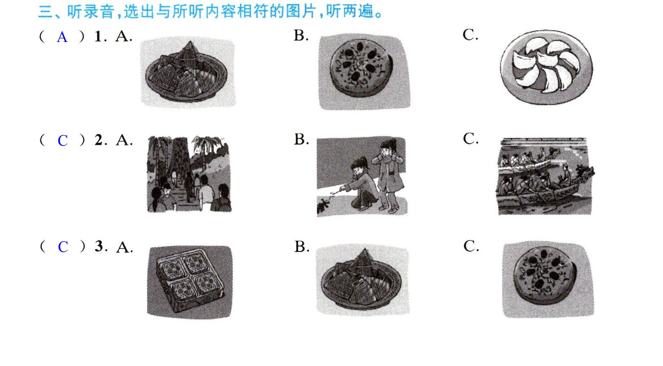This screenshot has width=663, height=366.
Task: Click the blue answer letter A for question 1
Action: click(62, 37)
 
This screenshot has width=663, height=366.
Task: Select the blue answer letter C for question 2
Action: click(63, 140)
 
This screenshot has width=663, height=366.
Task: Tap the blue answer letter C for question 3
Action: click(63, 247)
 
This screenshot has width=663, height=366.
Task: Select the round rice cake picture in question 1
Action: click(364, 72)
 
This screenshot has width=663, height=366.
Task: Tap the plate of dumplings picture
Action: click(546, 67)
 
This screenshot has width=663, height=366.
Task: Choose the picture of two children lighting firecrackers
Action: click(362, 176)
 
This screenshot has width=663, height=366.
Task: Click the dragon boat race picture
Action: click(545, 176)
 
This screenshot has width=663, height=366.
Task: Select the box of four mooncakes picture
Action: click(190, 282)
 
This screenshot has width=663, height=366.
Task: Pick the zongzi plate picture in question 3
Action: click(363, 280)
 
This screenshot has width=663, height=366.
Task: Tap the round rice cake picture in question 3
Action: click(548, 280)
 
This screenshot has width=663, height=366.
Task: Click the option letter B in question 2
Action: click(301, 139)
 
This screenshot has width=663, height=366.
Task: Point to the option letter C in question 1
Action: click(470, 35)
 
